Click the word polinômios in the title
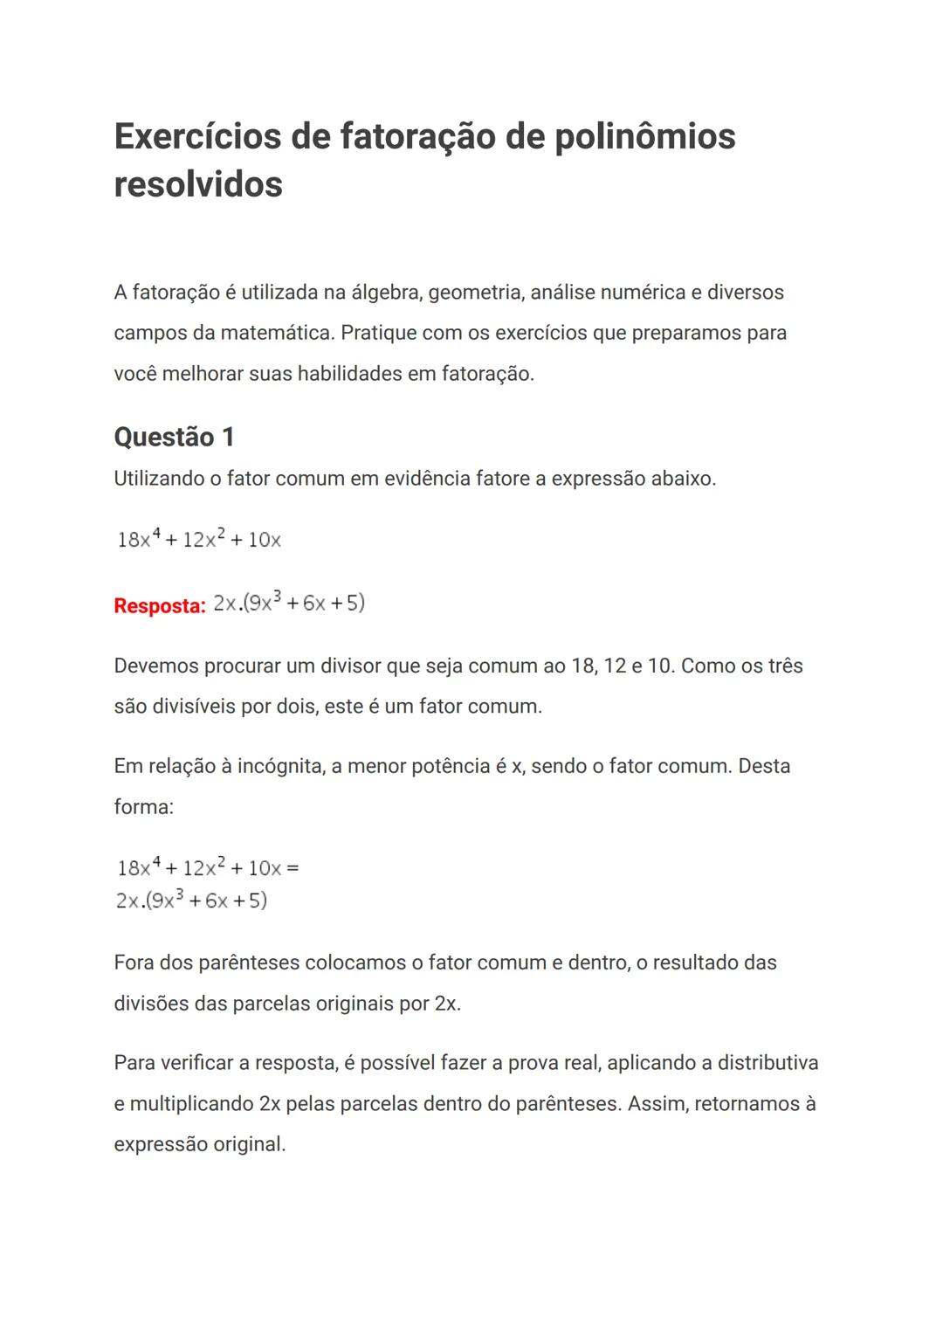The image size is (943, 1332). click(644, 136)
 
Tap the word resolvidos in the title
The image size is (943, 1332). click(198, 184)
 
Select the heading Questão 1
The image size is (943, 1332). click(174, 437)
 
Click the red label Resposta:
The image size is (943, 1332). click(159, 605)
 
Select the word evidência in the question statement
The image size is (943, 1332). click(427, 479)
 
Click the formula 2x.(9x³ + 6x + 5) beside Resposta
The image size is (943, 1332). click(289, 603)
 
